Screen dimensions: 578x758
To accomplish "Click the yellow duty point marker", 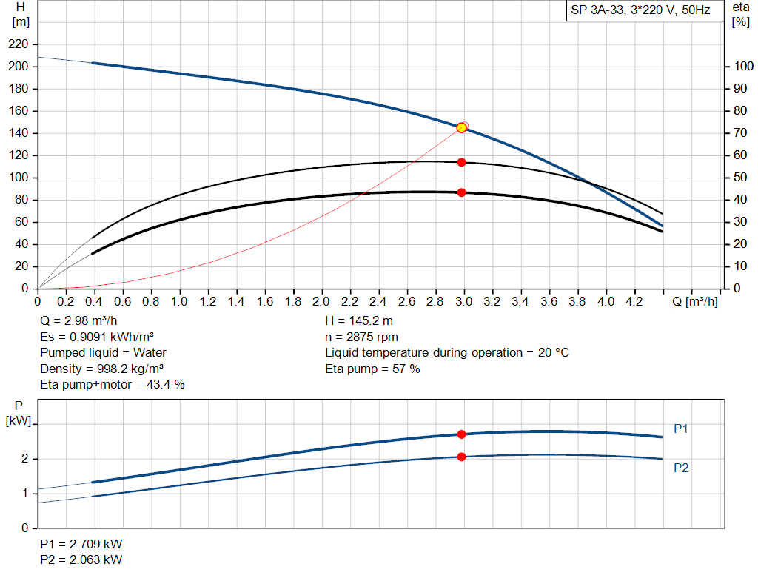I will (x=462, y=127).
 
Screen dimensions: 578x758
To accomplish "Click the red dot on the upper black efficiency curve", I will (x=462, y=162).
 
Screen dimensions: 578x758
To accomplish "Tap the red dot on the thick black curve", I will (x=462, y=192).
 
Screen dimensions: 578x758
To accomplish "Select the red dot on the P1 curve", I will (x=462, y=434).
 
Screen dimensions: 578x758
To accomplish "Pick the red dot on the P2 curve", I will (x=462, y=457).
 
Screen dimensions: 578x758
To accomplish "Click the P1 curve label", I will (x=681, y=429).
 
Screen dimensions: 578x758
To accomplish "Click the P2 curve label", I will (x=681, y=468).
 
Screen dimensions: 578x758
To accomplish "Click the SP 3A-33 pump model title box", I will (x=640, y=11).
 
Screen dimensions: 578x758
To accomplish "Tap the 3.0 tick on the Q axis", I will (x=464, y=302).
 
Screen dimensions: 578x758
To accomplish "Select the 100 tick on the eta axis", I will (x=740, y=67).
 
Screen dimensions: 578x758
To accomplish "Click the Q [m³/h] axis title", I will (x=695, y=302).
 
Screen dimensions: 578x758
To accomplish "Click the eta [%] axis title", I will (x=740, y=14).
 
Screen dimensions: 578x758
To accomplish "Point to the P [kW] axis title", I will (x=19, y=413).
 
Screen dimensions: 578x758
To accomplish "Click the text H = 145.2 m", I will (x=360, y=321).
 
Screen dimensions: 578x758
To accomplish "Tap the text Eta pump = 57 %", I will (x=372, y=369).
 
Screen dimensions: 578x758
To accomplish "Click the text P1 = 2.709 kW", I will (x=81, y=544).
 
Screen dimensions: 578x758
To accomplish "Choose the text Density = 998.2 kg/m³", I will (x=102, y=369).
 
